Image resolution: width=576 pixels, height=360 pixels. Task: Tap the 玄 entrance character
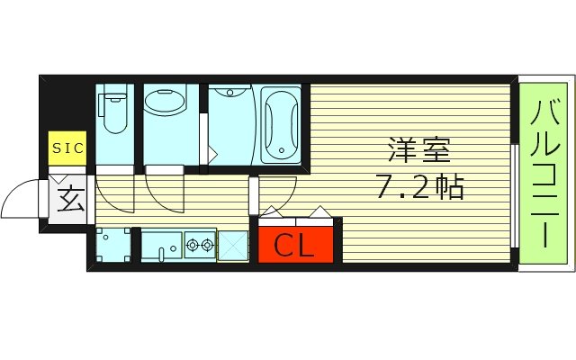tap(71, 199)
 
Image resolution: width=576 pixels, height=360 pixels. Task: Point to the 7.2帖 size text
tap(418, 187)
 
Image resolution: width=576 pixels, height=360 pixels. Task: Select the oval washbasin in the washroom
tap(165, 103)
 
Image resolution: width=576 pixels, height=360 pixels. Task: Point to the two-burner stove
tap(199, 244)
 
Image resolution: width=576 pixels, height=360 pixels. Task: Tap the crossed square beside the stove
tap(233, 245)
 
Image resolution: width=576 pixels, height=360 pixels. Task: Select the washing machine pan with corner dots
tap(112, 245)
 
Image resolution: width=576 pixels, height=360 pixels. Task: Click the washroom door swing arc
tap(162, 193)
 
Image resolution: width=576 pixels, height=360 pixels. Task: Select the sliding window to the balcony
tap(514, 193)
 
